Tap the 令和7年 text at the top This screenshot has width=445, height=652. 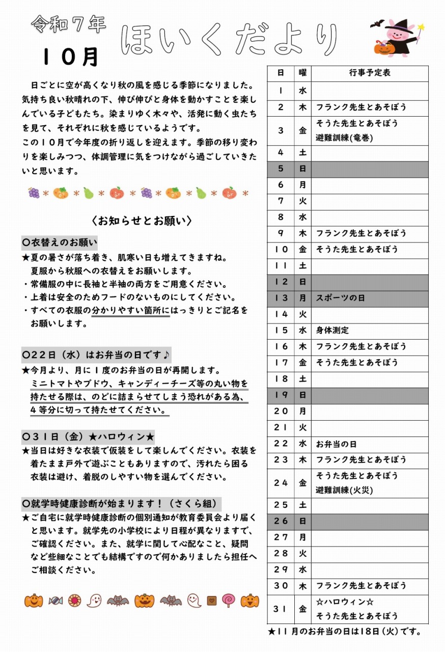click(x=68, y=23)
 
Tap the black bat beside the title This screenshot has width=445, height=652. click(x=377, y=24)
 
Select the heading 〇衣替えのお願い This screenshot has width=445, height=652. click(x=60, y=241)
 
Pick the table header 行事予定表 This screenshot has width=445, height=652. click(x=370, y=73)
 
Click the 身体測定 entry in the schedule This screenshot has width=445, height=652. click(x=332, y=330)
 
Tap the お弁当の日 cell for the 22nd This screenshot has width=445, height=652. click(x=336, y=444)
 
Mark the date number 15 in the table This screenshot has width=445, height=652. click(x=281, y=330)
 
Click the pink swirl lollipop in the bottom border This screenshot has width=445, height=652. click(x=229, y=601)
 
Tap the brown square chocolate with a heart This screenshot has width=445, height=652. click(x=211, y=601)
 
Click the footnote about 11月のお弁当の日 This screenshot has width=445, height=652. click(x=345, y=632)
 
